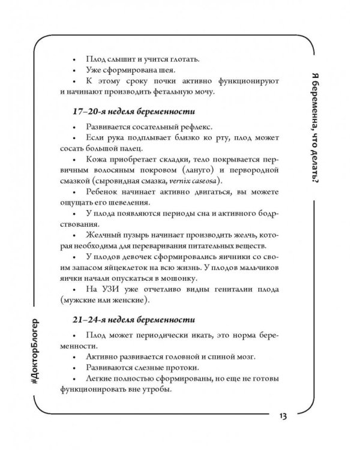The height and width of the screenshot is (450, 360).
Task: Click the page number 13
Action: [x=283, y=416]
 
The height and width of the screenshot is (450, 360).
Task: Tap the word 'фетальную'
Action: [x=181, y=94]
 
